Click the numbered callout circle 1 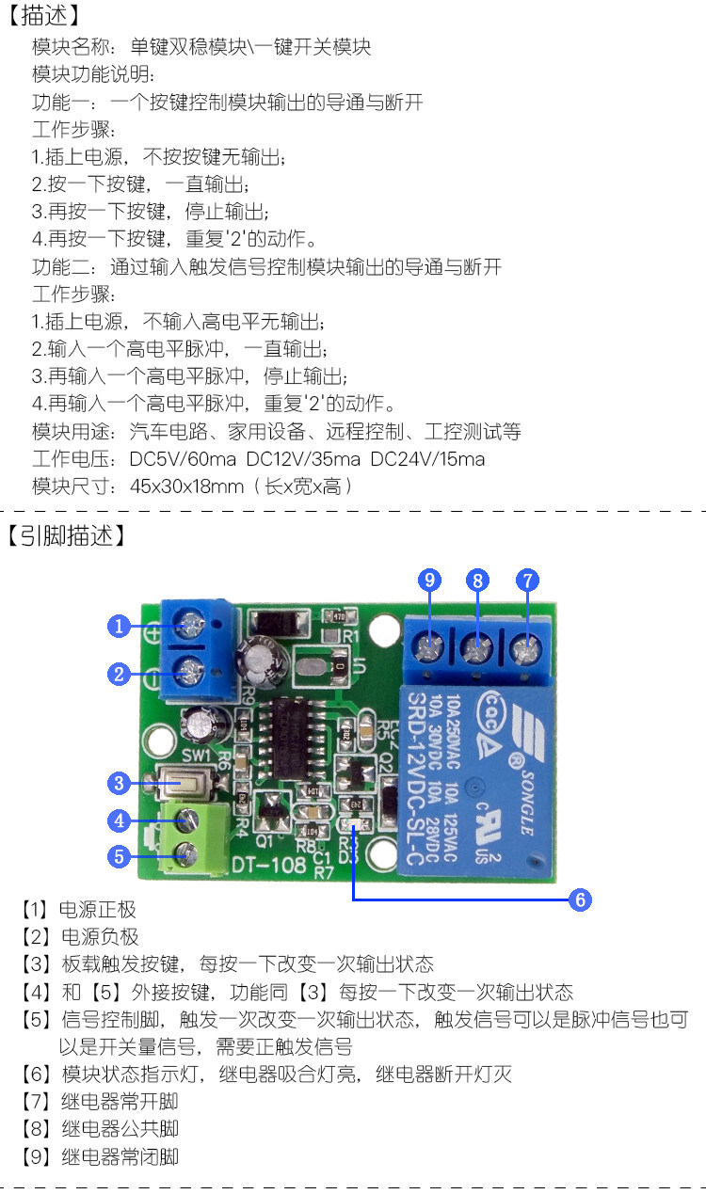pos(119,626)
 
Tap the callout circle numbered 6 pos(581,899)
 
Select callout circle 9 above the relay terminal pos(431,580)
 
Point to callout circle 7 pos(527,580)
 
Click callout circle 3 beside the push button pos(119,783)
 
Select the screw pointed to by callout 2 pos(191,671)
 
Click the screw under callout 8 pos(478,647)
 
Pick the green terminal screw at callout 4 pos(189,818)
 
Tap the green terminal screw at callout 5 pos(189,854)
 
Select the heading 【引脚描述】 pos(66,536)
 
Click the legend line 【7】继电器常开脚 pos(100,1101)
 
